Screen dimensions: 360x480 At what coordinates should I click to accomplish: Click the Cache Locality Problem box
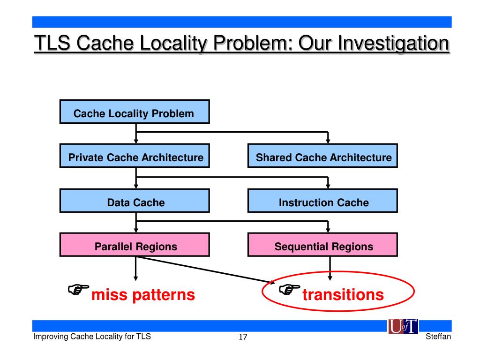pos(134,113)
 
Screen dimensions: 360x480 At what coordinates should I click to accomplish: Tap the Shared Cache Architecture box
pos(323,157)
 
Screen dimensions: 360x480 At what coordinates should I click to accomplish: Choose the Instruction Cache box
pos(323,202)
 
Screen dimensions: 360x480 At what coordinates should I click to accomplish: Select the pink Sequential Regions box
pos(323,247)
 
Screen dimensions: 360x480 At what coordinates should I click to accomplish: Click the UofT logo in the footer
pos(403,326)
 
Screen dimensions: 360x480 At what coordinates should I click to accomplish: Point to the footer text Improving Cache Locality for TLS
pos(91,337)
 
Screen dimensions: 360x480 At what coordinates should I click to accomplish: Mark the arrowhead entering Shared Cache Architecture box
pos(328,141)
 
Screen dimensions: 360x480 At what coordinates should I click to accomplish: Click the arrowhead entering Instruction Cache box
pos(328,186)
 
